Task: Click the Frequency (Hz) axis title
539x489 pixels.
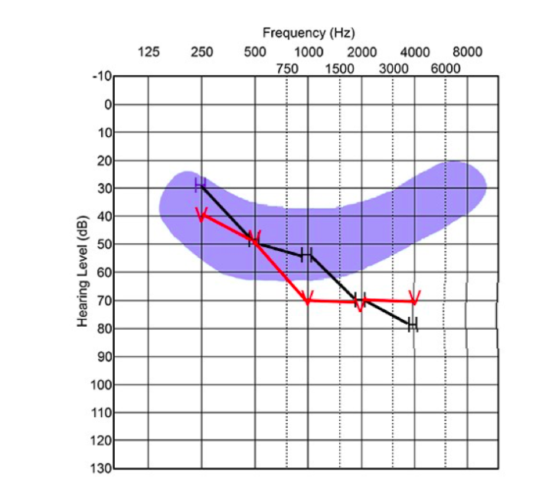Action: [308, 33]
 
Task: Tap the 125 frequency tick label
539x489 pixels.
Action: [148, 52]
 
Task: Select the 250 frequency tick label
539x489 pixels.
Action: [201, 52]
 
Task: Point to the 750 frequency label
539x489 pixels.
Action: [286, 68]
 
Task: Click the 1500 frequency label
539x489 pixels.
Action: [339, 68]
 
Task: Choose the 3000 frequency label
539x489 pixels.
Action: [394, 68]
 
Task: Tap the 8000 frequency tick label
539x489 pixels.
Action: [467, 52]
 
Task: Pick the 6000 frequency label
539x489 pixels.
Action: [446, 68]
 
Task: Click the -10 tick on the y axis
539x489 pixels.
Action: [103, 77]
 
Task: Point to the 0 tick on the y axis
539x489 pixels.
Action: [108, 104]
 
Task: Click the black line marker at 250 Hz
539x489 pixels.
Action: [201, 184]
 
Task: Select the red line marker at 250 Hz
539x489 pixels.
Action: [202, 216]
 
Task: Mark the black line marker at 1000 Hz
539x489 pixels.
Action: [306, 254]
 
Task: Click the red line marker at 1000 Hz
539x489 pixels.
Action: [308, 298]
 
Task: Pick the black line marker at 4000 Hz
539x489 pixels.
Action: [413, 324]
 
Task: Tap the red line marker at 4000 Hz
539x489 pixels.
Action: [415, 298]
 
